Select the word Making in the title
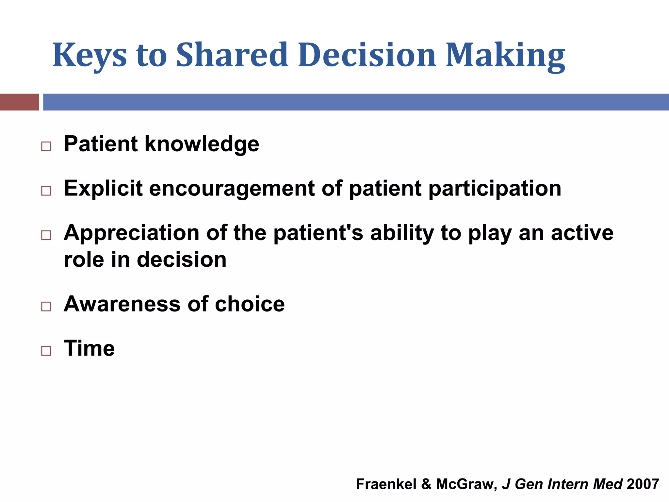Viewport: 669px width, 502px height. pos(505,56)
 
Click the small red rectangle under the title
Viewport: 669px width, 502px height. pos(19,102)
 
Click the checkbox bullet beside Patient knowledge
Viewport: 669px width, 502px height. pos(46,146)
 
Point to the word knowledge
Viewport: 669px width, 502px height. pos(202,144)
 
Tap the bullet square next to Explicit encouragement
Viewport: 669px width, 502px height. pos(46,191)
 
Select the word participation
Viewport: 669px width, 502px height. pos(495,189)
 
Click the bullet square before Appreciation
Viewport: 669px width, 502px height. pos(46,235)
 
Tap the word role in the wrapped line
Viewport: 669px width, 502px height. pos(84,260)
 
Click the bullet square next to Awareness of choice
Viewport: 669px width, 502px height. pos(46,306)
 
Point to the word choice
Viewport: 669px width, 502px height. pos(250,304)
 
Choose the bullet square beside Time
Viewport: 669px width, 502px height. pos(46,351)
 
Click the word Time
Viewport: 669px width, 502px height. pos(89,348)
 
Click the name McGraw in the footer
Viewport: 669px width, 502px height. pos(466,484)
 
